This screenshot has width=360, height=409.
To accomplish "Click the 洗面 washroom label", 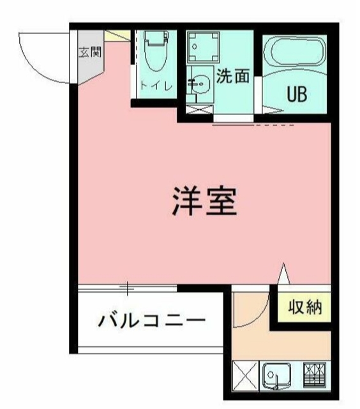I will tap(232, 77).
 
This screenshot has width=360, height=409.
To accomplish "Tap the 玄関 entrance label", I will tap(89, 52).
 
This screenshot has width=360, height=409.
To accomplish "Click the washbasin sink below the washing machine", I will tap(199, 84).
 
